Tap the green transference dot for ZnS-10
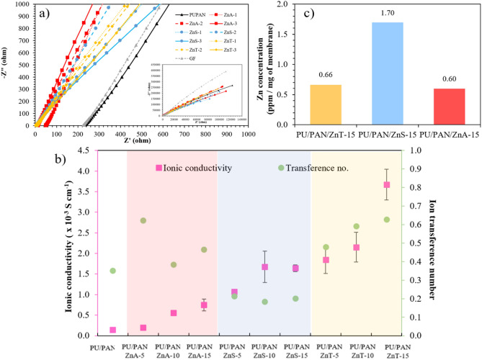(x=265, y=302)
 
